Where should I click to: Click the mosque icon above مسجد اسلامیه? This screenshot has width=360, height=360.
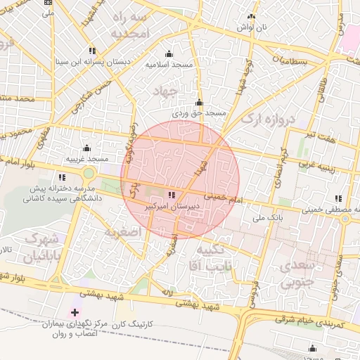pyautogui.click(x=168, y=54)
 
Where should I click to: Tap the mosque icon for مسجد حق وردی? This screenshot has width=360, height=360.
pyautogui.click(x=200, y=103)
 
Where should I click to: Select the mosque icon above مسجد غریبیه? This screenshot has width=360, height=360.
pyautogui.click(x=86, y=148)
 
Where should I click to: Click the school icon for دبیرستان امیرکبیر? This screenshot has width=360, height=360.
pyautogui.click(x=173, y=195)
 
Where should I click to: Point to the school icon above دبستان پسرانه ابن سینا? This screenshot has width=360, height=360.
pyautogui.click(x=92, y=51)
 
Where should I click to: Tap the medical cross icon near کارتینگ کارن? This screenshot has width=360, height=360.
pyautogui.click(x=75, y=311)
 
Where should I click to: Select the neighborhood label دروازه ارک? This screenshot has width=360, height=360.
pyautogui.click(x=270, y=118)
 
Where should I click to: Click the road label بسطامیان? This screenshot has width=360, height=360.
pyautogui.click(x=288, y=62)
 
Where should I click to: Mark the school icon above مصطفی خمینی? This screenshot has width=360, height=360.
pyautogui.click(x=338, y=199)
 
